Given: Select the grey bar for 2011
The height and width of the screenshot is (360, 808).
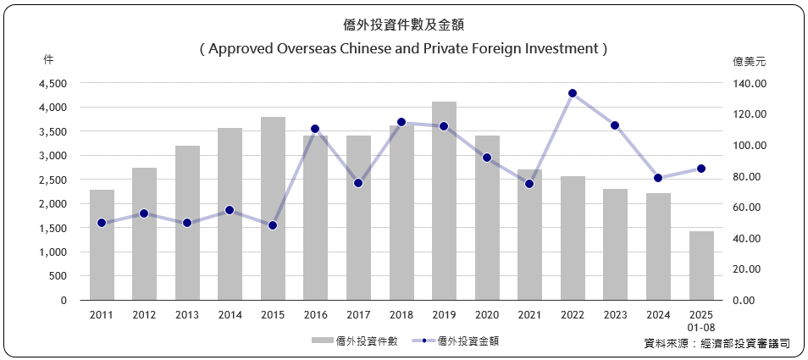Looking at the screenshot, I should [102, 245].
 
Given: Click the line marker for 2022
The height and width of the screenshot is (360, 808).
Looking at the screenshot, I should [573, 93].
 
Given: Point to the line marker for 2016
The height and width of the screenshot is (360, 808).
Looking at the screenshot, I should [315, 129].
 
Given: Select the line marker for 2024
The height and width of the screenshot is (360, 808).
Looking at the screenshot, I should [658, 178].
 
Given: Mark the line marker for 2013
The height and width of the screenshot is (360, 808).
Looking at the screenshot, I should [187, 223].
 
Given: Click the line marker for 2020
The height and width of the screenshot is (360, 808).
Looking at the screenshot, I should [486, 158].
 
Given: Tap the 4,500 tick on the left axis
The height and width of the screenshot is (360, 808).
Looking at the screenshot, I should [53, 84].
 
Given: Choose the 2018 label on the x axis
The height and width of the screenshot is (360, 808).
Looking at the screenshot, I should [401, 315].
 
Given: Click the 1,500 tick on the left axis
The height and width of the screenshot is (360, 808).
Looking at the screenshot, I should [53, 229].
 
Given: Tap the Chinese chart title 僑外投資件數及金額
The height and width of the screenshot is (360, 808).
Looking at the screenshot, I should [404, 25].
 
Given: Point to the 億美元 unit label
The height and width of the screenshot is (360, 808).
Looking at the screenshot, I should [750, 61].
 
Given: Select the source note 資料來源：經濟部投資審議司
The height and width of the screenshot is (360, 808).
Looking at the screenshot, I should [717, 343].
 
